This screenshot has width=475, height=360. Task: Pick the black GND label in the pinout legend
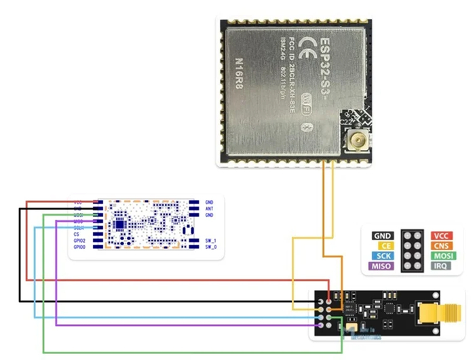[382, 236]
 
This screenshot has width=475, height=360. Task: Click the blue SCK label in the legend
[382, 256]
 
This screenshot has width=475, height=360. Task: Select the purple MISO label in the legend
[381, 266]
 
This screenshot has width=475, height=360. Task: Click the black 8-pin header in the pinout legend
[412, 251]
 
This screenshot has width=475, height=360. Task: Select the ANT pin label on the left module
[209, 209]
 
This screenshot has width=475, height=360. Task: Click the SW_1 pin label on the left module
[210, 241]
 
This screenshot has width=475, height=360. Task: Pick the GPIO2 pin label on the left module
[79, 241]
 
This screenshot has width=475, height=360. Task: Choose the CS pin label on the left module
[78, 235]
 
